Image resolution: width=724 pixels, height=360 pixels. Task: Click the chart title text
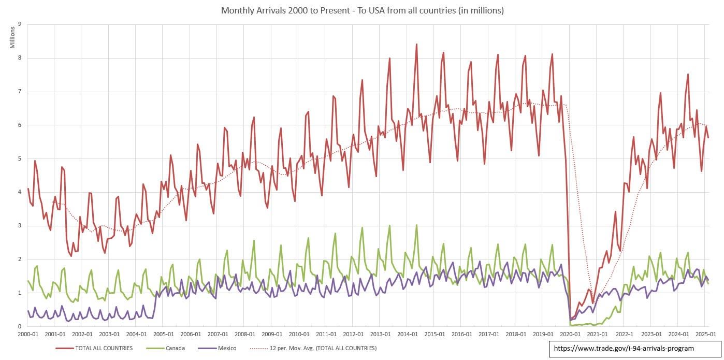pyautogui.click(x=362, y=10)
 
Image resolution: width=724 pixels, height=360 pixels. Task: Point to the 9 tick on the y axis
pyautogui.click(x=19, y=24)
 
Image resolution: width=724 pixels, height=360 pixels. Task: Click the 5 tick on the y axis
pyautogui.click(x=19, y=159)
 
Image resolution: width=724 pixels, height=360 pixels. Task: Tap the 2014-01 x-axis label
pyautogui.click(x=408, y=334)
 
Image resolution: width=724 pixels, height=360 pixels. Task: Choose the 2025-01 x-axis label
pyautogui.click(x=705, y=334)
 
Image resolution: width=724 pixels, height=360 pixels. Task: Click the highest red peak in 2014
pyautogui.click(x=416, y=44)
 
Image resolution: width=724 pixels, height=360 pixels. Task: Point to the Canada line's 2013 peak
pyautogui.click(x=389, y=225)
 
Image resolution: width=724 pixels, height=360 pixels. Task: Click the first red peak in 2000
pyautogui.click(x=35, y=161)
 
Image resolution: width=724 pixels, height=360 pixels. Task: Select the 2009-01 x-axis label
pyautogui.click(x=272, y=334)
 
